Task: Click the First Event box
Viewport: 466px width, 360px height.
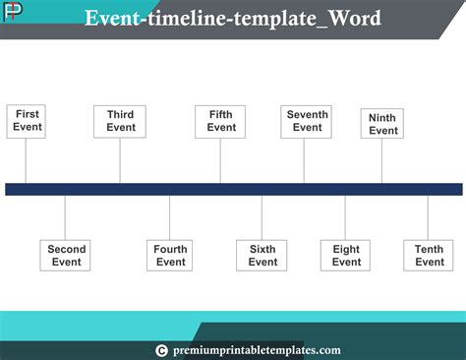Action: pyautogui.click(x=28, y=121)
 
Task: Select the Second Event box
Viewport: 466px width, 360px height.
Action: pyautogui.click(x=67, y=256)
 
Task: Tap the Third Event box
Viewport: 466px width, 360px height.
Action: pyautogui.click(x=121, y=121)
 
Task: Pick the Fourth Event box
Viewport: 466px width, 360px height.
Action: pyautogui.click(x=170, y=256)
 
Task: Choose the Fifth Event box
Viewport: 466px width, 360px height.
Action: pyautogui.click(x=221, y=121)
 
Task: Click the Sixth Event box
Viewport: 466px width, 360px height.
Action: pyautogui.click(x=262, y=256)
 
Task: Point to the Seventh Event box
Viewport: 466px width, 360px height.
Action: pyautogui.click(x=307, y=121)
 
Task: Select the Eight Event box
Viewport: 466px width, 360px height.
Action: pyautogui.click(x=346, y=256)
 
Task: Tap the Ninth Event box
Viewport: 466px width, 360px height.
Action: pyautogui.click(x=382, y=124)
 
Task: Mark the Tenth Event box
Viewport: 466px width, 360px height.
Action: pyautogui.click(x=429, y=256)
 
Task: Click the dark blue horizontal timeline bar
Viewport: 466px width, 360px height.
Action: pyautogui.click(x=233, y=189)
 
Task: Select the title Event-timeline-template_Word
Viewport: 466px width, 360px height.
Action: pyautogui.click(x=233, y=20)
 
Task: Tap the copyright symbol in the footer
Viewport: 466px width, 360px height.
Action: pyautogui.click(x=162, y=350)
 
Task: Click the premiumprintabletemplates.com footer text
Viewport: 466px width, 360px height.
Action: pyautogui.click(x=255, y=350)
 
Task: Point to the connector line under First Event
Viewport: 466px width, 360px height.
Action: pyautogui.click(x=27, y=160)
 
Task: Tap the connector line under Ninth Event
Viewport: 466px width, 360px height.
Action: pyautogui.click(x=382, y=161)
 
